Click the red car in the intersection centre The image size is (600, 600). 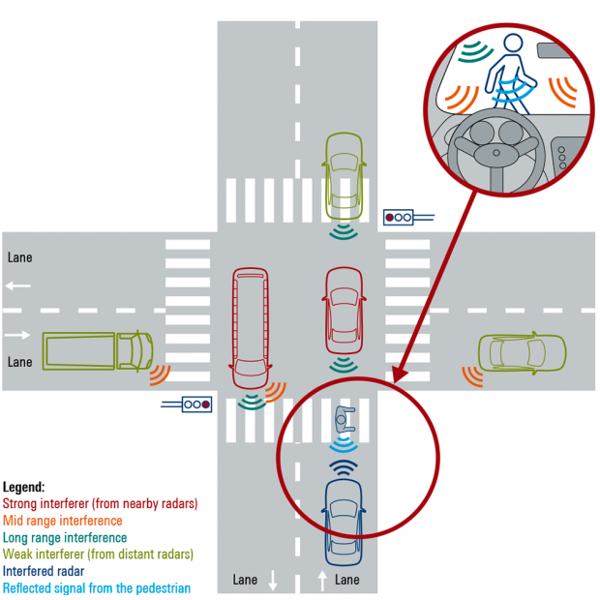pyautogui.click(x=345, y=310)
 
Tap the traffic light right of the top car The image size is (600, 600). pyautogui.click(x=399, y=218)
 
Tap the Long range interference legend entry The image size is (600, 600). pyautogui.click(x=65, y=538)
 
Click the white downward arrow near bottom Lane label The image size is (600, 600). pyautogui.click(x=273, y=581)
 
